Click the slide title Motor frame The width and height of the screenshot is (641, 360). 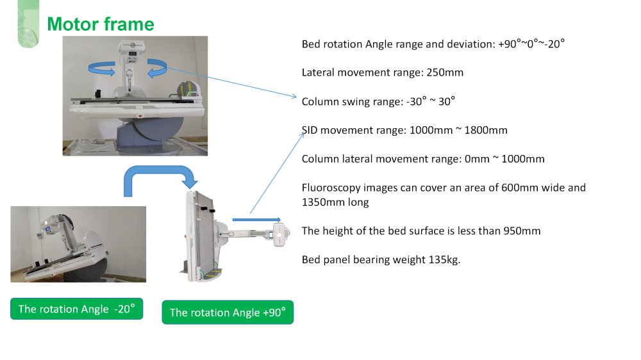(x=101, y=24)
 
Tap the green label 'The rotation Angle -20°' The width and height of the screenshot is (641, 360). (x=76, y=309)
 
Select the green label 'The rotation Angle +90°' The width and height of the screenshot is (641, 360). (x=228, y=312)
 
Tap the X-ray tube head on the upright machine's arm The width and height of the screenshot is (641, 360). (x=279, y=234)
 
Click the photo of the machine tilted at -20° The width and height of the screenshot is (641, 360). (x=78, y=243)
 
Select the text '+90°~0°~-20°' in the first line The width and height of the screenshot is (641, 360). (x=531, y=44)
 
